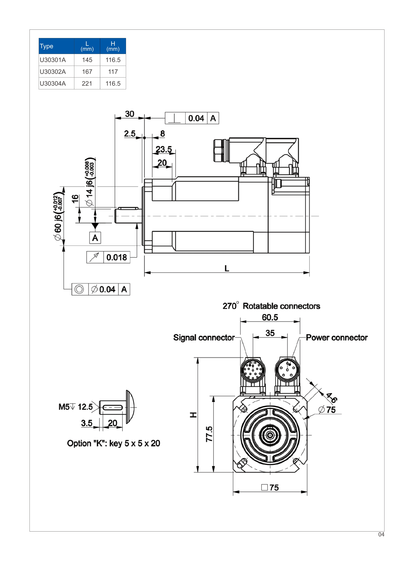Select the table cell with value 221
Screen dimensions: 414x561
(87, 83)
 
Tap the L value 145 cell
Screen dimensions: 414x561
(87, 60)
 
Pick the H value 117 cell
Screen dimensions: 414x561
(113, 72)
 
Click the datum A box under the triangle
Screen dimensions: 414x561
(95, 238)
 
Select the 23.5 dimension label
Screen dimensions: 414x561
(164, 149)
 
